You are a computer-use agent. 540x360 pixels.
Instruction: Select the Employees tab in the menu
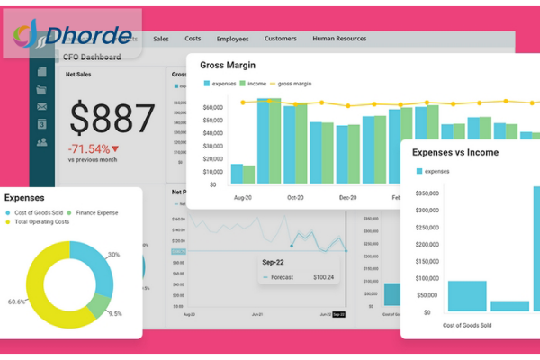pos(231,39)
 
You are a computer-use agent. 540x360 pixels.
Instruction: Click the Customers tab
pos(281,39)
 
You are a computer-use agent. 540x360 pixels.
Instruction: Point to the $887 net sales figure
pos(113,118)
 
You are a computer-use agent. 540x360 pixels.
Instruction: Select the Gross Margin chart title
pos(228,66)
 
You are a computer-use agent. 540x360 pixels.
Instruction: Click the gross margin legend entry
pos(294,83)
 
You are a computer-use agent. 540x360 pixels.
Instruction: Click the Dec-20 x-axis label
pos(347,196)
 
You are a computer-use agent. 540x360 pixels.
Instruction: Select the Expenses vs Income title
pos(454,152)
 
